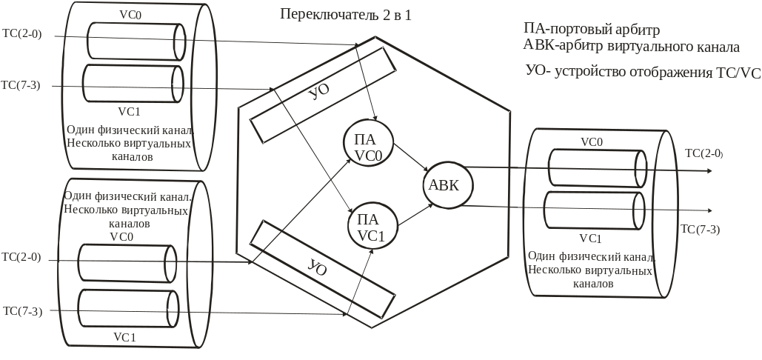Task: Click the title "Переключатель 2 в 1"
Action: [x=346, y=14]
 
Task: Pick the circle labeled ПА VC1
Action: [x=372, y=225]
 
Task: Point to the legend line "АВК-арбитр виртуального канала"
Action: [x=630, y=47]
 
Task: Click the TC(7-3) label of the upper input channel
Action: [x=21, y=85]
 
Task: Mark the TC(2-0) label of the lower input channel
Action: [x=21, y=258]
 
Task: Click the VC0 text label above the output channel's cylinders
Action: [x=591, y=141]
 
